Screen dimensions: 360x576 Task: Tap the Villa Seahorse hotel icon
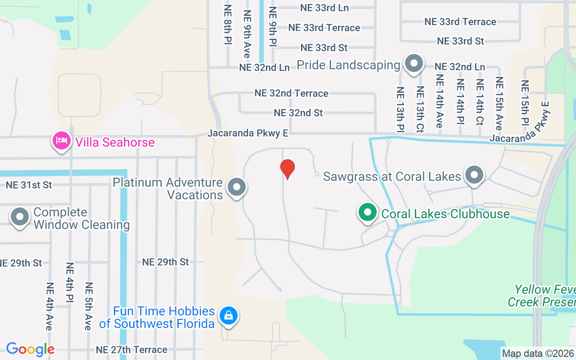[x=62, y=141]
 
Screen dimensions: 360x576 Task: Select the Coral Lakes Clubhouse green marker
[x=368, y=212]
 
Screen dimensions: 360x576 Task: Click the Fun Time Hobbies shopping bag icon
[x=229, y=315]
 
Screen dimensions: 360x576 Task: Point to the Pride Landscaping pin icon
[x=414, y=64]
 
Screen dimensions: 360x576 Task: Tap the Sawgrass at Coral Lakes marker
[x=474, y=175]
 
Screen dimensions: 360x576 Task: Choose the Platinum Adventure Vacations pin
[x=237, y=187]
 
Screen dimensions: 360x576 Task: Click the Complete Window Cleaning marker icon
[x=20, y=217]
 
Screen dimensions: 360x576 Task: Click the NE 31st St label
[x=29, y=184]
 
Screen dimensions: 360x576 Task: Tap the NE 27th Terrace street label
[x=131, y=350]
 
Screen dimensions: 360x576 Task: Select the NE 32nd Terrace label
[x=291, y=93]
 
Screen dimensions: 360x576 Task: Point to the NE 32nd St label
[x=298, y=112]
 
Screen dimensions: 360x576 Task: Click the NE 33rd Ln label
[x=324, y=8]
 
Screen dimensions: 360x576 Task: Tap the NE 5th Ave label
[x=89, y=306]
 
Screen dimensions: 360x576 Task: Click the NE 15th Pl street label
[x=525, y=103]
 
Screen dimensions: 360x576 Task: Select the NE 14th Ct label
[x=480, y=102]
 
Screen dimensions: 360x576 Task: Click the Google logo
[x=30, y=349]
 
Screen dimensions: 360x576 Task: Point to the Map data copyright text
[x=538, y=353]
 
